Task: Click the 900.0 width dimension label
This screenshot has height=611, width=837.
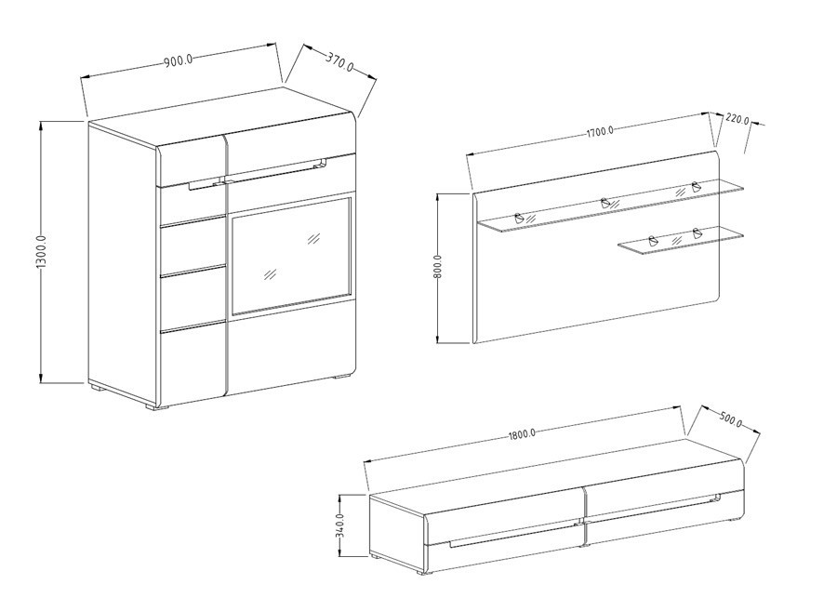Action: (x=179, y=60)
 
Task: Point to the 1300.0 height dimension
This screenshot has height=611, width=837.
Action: (x=42, y=252)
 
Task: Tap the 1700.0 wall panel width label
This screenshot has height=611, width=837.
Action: (x=600, y=131)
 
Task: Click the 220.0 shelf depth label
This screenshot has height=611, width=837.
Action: (x=737, y=120)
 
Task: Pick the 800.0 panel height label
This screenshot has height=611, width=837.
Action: (x=438, y=267)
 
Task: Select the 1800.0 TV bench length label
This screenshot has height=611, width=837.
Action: (x=521, y=433)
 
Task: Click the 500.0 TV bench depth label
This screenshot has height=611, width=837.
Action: (x=730, y=419)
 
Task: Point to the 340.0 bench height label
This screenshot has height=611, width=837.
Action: (x=341, y=525)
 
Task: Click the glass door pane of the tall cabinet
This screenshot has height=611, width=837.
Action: (x=291, y=256)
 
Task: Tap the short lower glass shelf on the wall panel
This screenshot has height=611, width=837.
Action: (x=681, y=242)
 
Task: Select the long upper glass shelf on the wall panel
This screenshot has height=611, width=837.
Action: (x=609, y=206)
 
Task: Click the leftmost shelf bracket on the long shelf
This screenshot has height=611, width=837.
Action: (x=519, y=218)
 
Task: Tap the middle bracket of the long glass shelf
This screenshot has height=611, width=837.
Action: (x=605, y=203)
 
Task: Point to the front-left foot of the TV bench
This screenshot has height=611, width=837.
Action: (x=423, y=573)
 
